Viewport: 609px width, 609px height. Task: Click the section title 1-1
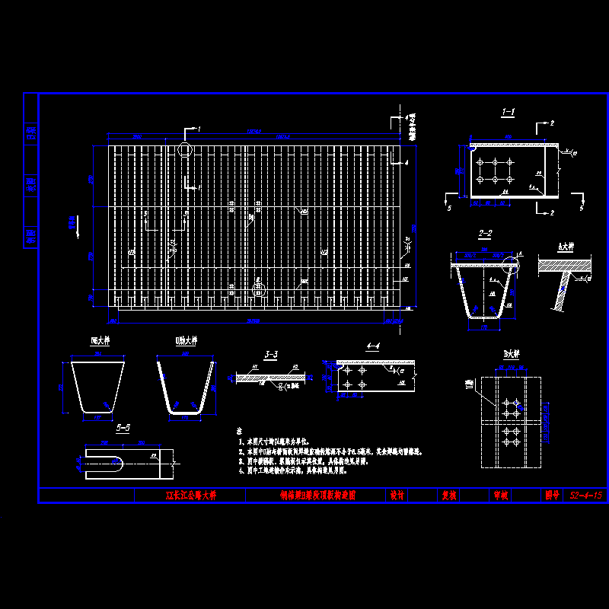pos(508,113)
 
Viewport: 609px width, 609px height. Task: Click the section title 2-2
pos(485,233)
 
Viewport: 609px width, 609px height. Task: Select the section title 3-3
pos(270,354)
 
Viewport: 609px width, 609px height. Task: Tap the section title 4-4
pos(373,346)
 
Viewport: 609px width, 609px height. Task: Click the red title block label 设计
pos(397,495)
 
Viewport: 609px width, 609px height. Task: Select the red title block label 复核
pos(449,495)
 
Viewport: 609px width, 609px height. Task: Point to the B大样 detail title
pos(511,354)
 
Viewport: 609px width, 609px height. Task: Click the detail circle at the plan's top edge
pos(185,149)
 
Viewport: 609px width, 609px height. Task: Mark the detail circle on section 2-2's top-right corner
pos(511,265)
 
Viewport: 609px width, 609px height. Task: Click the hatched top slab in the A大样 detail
pos(564,266)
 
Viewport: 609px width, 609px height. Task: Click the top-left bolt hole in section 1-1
pos(480,162)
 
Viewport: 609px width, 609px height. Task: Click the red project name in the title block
pos(191,495)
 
